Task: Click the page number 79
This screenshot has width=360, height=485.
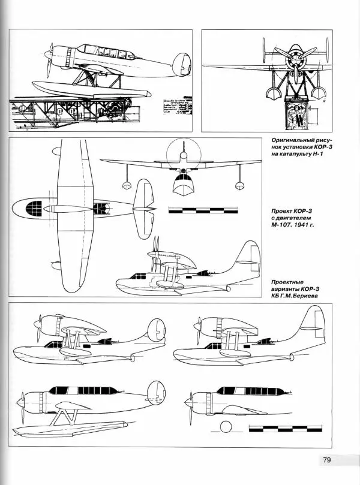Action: (x=327, y=460)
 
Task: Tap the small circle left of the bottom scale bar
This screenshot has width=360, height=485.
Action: (x=226, y=427)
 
